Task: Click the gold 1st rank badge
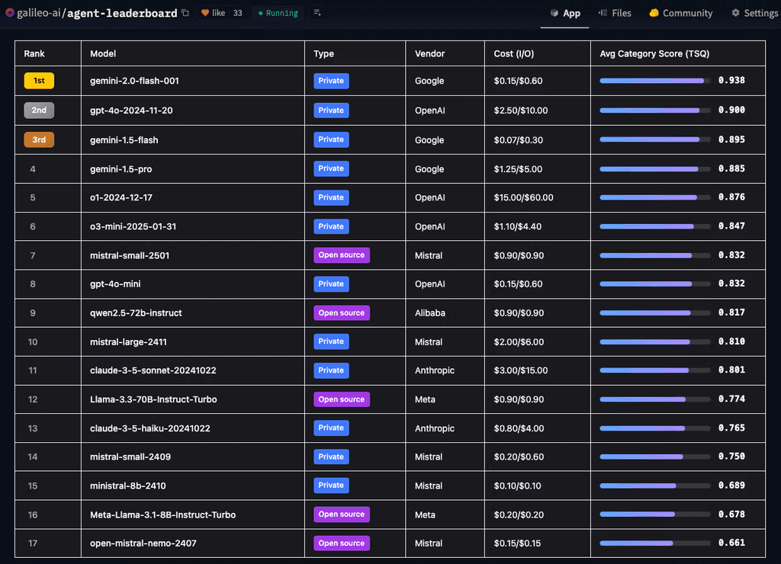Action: pyautogui.click(x=39, y=81)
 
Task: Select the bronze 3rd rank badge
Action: pyautogui.click(x=39, y=139)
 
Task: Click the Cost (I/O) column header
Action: pyautogui.click(x=513, y=54)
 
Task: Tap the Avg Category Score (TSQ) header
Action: pyautogui.click(x=654, y=54)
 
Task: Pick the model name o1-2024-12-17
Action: pyautogui.click(x=121, y=197)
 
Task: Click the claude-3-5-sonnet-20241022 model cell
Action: pyautogui.click(x=153, y=370)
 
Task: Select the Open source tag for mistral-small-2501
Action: pyautogui.click(x=342, y=255)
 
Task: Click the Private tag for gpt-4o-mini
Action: pyautogui.click(x=331, y=284)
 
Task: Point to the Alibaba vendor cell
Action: pyautogui.click(x=430, y=313)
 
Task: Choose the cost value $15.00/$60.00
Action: pyautogui.click(x=523, y=197)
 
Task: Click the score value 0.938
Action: pyautogui.click(x=731, y=81)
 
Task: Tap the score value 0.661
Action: pyautogui.click(x=731, y=543)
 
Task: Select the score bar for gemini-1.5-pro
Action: pyautogui.click(x=655, y=169)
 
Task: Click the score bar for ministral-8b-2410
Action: pyautogui.click(x=655, y=485)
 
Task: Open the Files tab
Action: pyautogui.click(x=615, y=13)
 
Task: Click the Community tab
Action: pyautogui.click(x=680, y=13)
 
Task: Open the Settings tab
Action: pyautogui.click(x=754, y=13)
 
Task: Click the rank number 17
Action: pyautogui.click(x=33, y=543)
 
